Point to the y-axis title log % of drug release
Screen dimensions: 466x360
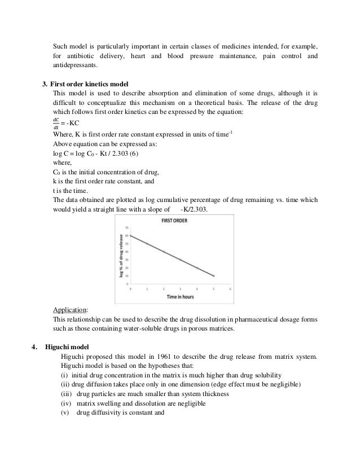click(x=121, y=254)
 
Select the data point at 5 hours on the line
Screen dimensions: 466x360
click(x=213, y=276)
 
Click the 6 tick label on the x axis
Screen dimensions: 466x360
click(x=230, y=288)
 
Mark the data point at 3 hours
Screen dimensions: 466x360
click(x=181, y=260)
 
